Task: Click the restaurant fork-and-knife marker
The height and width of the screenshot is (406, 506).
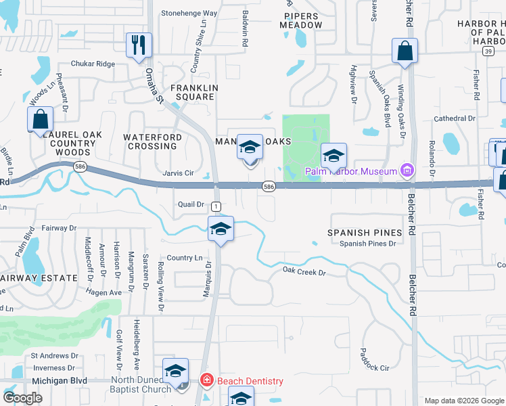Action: point(139,46)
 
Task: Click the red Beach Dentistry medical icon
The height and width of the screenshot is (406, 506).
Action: point(207,381)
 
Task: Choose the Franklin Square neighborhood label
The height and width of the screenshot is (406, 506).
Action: point(194,92)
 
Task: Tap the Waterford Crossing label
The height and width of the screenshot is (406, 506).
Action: point(152,141)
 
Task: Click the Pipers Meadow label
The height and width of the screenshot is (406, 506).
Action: point(302,20)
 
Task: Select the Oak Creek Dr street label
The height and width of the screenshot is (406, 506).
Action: point(304,273)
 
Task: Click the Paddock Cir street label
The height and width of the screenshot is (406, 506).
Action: point(375,368)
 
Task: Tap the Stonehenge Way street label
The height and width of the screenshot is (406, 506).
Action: point(189,13)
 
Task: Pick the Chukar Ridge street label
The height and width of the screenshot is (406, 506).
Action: point(93,64)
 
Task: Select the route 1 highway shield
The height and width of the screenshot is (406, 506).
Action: point(216,206)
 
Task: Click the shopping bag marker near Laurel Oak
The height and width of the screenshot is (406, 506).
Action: point(41,120)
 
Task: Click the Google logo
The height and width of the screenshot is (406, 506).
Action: point(23,398)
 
